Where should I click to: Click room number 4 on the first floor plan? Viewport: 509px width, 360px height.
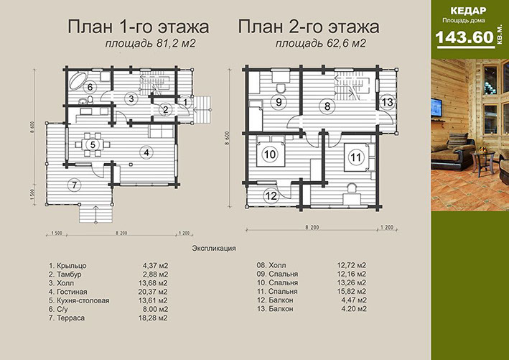[x=146, y=152]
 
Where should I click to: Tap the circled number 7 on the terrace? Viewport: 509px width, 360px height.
[x=73, y=185]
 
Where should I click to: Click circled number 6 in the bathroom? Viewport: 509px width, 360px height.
[x=90, y=88]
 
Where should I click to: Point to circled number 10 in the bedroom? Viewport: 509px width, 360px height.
[x=270, y=153]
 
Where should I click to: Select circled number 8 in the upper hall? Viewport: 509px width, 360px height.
[x=327, y=106]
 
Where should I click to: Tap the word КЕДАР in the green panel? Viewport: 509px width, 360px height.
[x=470, y=11]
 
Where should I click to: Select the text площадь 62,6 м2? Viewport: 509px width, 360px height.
[x=321, y=44]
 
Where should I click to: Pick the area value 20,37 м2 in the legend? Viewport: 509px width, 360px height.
[x=156, y=291]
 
